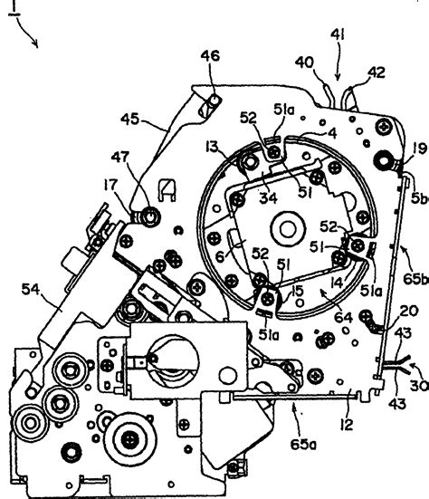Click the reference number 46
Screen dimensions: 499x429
coord(210,57)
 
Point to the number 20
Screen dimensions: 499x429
coord(408,311)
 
